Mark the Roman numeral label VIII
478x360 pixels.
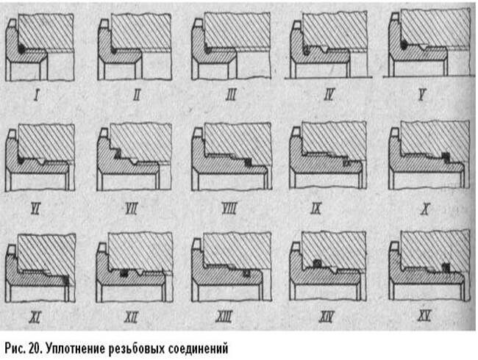coord(228,211)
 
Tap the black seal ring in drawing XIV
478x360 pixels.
coord(318,262)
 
